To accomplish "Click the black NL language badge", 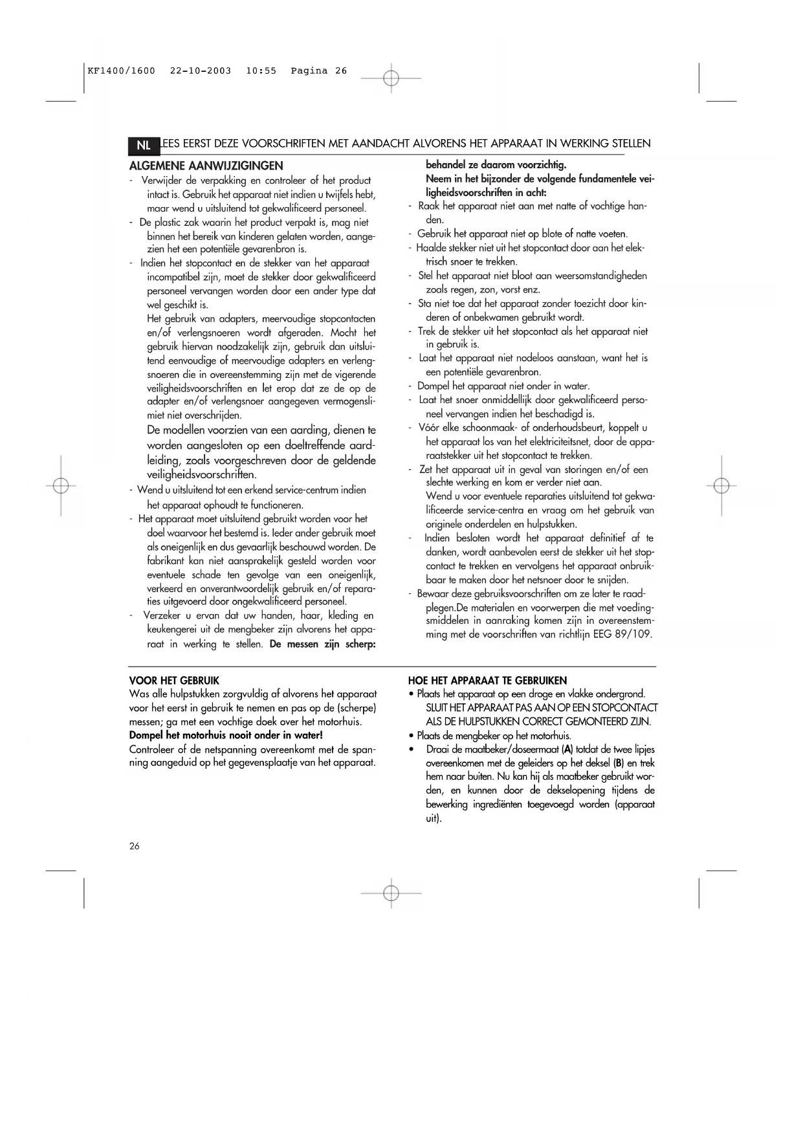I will [x=143, y=145].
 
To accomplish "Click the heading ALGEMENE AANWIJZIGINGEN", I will [x=206, y=166].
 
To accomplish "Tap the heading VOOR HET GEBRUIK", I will [x=174, y=681].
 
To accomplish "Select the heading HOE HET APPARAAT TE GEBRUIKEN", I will [x=487, y=681].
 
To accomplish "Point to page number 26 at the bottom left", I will [x=135, y=846].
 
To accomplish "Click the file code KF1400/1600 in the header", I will [x=122, y=71].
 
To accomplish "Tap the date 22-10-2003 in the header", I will [x=201, y=71].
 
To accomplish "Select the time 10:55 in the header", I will [x=261, y=71].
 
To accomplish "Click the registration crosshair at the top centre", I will [x=391, y=78].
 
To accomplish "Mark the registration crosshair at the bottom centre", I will [x=391, y=893].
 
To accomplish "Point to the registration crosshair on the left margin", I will [x=61, y=485].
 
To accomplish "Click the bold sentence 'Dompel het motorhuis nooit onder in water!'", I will [x=226, y=735].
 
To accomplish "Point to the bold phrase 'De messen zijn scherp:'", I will [x=323, y=644].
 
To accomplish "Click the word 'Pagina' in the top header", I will [x=309, y=71].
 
